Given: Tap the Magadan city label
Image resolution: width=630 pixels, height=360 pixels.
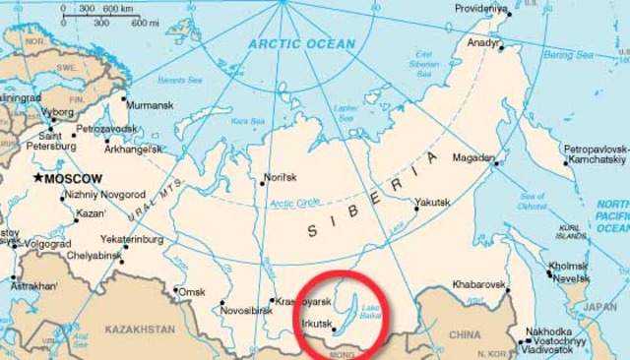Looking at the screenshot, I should (x=472, y=157).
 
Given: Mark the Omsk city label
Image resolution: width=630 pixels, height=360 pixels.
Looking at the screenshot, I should (x=191, y=292).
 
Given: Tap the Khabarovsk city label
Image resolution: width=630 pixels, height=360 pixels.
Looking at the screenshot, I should (x=477, y=284).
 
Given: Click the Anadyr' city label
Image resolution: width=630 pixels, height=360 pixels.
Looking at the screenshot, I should (x=484, y=42).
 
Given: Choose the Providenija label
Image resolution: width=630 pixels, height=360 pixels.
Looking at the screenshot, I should (x=482, y=9).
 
